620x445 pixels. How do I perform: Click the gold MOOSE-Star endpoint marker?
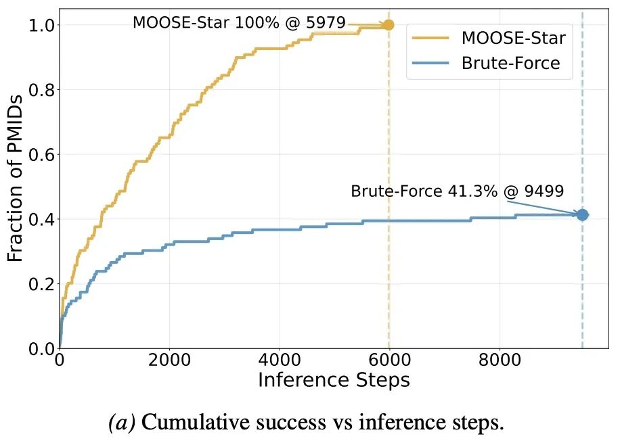click(x=389, y=25)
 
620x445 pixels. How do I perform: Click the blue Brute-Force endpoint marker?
click(x=582, y=215)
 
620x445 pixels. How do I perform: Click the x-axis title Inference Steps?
click(x=334, y=380)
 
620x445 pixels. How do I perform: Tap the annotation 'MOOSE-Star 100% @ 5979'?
click(x=239, y=22)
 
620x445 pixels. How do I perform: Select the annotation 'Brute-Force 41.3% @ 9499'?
click(x=457, y=191)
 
